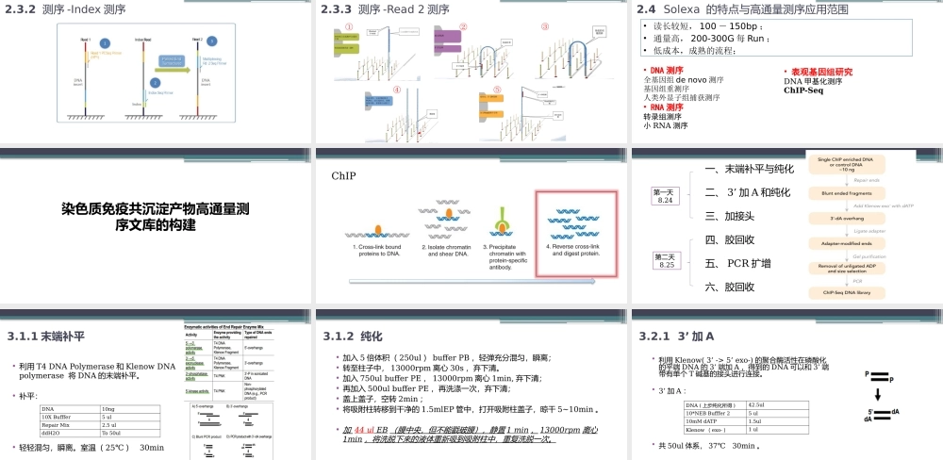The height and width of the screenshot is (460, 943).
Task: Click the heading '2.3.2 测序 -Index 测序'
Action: [x=65, y=9]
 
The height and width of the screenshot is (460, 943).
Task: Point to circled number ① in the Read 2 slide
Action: [x=349, y=27]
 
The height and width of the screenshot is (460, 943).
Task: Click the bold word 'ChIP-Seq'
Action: [x=803, y=91]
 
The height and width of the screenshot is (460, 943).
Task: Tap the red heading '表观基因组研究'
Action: [x=820, y=72]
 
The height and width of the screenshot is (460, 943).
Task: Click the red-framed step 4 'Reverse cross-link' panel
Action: [x=575, y=231]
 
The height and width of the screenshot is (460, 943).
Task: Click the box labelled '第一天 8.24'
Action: [x=665, y=195]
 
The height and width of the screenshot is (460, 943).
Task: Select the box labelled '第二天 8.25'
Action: [x=665, y=260]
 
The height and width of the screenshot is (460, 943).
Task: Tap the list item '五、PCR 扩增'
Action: [x=737, y=263]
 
